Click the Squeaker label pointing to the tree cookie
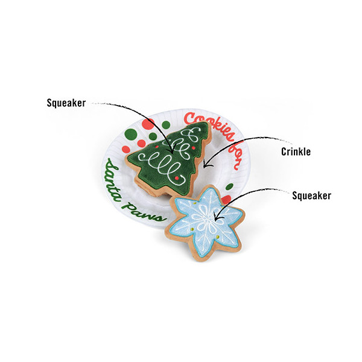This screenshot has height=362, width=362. [66, 103]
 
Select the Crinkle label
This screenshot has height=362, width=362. [296, 151]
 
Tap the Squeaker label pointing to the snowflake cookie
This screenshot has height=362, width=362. [311, 195]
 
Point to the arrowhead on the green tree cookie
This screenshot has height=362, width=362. [172, 150]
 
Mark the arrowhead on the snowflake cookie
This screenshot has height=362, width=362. [217, 217]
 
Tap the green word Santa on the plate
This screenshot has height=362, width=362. [112, 180]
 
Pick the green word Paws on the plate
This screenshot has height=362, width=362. [144, 212]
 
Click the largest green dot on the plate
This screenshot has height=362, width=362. [131, 134]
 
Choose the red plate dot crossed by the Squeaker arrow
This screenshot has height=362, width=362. [148, 124]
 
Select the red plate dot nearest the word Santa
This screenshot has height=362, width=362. [126, 150]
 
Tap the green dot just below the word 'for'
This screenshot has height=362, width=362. [229, 186]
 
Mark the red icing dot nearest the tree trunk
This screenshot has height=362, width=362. [177, 178]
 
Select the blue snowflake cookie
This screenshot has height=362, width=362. [204, 223]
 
